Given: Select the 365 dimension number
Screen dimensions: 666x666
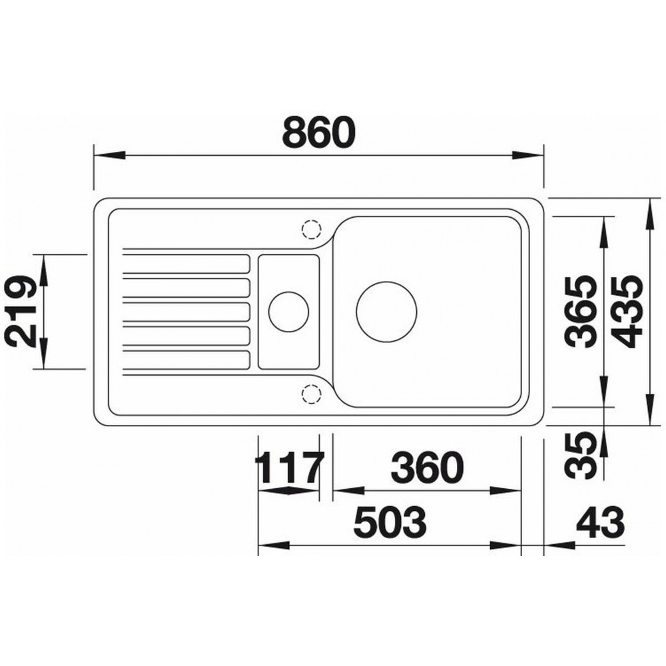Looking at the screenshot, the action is [580, 311].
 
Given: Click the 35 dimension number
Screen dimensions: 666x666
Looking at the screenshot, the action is [581, 455].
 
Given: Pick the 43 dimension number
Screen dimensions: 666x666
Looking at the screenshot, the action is [601, 522].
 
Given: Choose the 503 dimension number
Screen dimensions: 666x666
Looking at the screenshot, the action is [390, 522].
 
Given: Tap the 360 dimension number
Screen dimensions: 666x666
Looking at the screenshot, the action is [428, 468].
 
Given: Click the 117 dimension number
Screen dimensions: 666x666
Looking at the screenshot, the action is [290, 468].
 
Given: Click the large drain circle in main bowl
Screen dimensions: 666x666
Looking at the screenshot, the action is [386, 311].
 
